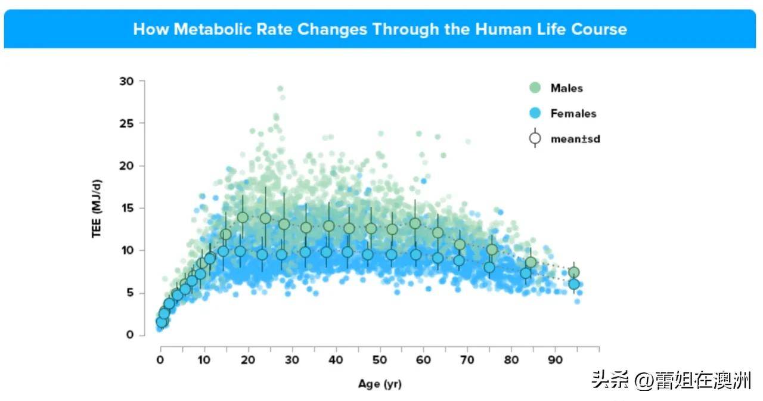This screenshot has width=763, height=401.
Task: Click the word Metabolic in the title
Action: [x=233, y=29]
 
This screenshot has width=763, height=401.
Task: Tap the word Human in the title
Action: [x=503, y=29]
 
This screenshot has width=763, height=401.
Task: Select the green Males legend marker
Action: [x=535, y=88]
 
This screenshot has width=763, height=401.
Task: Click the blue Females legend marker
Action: [x=535, y=113]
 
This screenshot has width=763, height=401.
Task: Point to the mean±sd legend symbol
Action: [x=535, y=138]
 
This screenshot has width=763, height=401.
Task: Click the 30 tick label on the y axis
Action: [x=126, y=82]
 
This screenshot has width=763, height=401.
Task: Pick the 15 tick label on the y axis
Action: [x=128, y=208]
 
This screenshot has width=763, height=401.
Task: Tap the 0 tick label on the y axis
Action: [x=130, y=335]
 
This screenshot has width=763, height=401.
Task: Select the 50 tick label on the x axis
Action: [x=380, y=360]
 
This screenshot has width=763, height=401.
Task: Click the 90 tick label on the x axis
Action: [x=555, y=360]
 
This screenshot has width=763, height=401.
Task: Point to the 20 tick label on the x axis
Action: [x=248, y=360]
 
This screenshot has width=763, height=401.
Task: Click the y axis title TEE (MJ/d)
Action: [x=97, y=209]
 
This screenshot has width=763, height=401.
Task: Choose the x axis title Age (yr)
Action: [x=380, y=384]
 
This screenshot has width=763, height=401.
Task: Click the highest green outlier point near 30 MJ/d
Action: [x=280, y=89]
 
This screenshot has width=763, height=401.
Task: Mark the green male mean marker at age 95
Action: [x=574, y=272]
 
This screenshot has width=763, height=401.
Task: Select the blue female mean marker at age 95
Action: [x=574, y=284]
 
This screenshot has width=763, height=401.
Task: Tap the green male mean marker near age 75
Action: [x=492, y=250]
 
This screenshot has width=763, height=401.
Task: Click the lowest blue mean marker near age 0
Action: [x=162, y=322]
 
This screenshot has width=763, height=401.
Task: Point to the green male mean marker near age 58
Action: [x=415, y=223]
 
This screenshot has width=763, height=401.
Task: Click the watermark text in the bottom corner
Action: [x=671, y=380]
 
